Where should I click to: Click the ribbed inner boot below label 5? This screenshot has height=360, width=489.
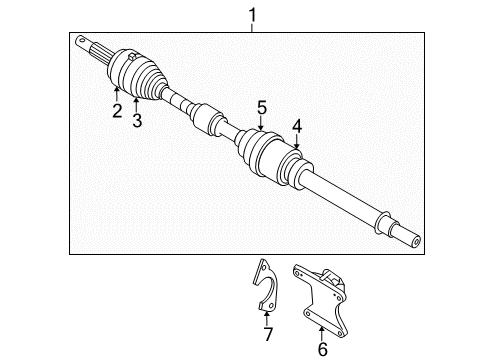point(263,156)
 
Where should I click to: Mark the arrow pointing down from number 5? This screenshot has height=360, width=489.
point(261,123)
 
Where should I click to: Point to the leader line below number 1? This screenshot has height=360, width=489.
point(253,28)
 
